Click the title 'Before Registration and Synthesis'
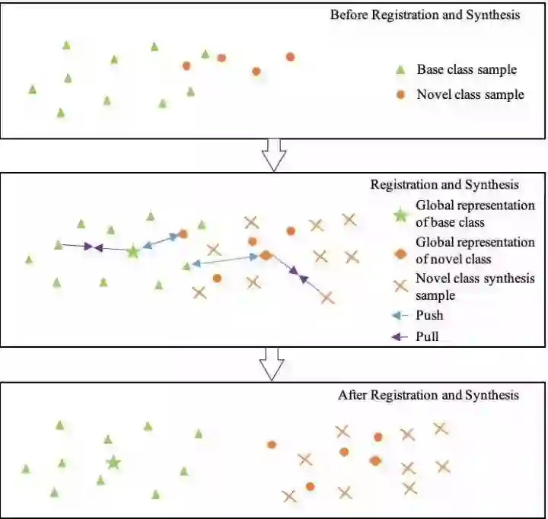pos(425,15)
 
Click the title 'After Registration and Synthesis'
pos(428,396)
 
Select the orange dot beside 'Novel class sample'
pos(401,95)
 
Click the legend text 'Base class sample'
pos(467,70)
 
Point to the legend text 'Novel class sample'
pos(470,95)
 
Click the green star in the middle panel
pos(132,250)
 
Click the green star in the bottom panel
pos(113,462)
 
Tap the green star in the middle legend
pos(401,214)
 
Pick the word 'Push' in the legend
pos(429,315)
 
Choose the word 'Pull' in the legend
pos(428,335)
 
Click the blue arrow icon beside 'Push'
pos(401,315)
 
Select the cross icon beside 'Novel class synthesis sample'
pos(400,286)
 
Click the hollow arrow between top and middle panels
pos(273,154)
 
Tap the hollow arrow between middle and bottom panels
pos(272,364)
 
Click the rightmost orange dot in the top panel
pos(290,56)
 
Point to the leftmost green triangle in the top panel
pos(32,89)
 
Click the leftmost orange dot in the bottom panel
pos(271,444)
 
